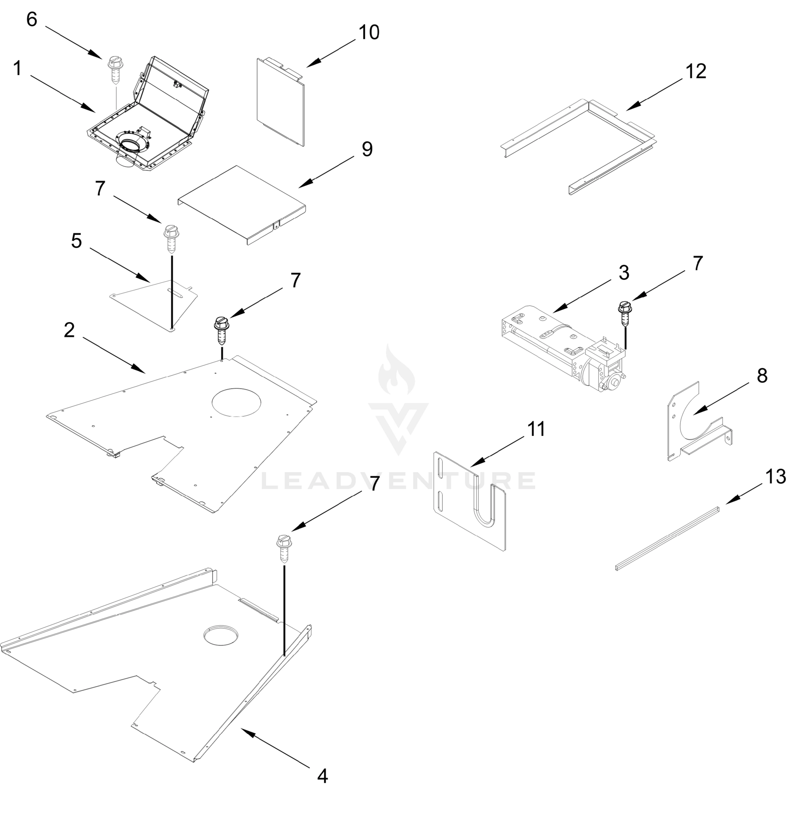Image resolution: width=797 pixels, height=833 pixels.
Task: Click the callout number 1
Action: click(17, 68)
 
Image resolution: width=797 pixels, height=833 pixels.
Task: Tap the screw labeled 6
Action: click(115, 70)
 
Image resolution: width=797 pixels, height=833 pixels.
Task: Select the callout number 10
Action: click(369, 33)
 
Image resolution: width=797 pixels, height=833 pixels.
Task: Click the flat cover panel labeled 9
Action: click(242, 203)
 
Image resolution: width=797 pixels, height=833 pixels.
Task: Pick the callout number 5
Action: click(76, 241)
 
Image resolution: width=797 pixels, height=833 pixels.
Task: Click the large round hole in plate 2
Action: click(237, 401)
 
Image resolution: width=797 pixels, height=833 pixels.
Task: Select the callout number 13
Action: click(775, 477)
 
